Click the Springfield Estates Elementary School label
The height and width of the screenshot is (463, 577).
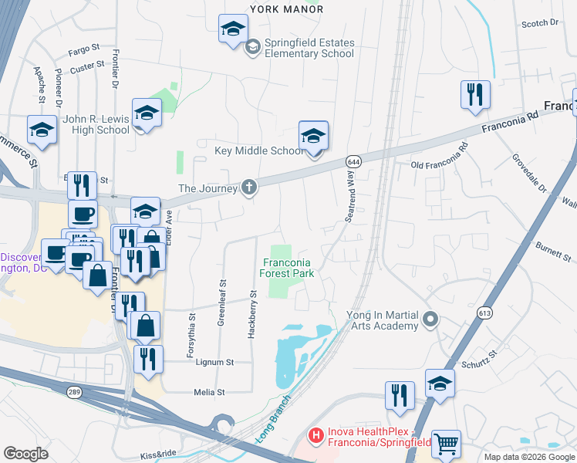(309, 49)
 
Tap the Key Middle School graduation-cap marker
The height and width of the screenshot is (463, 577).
(313, 137)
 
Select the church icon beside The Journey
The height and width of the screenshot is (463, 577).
(248, 187)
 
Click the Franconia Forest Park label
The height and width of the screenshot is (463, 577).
(286, 268)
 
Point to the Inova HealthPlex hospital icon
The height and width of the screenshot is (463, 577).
(315, 436)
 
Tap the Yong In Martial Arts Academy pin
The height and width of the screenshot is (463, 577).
(430, 318)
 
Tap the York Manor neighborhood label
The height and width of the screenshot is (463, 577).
(286, 9)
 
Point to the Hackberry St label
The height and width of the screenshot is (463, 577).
(252, 314)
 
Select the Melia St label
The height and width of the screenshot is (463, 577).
(209, 392)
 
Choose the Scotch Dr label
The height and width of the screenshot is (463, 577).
(539, 24)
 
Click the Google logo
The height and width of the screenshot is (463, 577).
(25, 453)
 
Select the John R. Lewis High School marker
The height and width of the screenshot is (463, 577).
(144, 115)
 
